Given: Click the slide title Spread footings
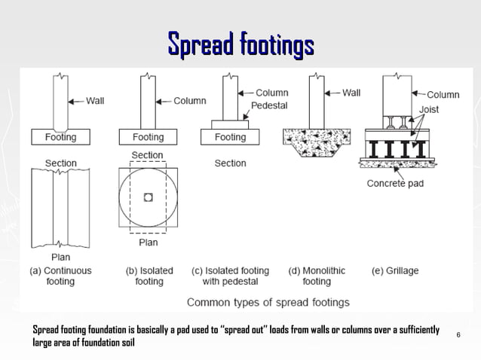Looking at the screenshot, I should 240,44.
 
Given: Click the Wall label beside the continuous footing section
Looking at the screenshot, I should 95,101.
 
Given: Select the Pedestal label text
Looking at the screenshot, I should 269,105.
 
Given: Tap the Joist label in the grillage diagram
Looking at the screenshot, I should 429,109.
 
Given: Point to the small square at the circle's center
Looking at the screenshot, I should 148,197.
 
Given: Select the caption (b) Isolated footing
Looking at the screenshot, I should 149,276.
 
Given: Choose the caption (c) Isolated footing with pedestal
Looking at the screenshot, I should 230,276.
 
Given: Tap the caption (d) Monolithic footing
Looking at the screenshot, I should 317,276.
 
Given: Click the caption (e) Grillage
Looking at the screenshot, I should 395,270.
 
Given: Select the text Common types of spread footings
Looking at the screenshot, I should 268,302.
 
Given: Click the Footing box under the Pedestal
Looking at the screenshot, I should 230,137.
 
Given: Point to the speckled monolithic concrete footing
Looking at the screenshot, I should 317,139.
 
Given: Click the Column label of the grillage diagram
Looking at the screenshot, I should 443,94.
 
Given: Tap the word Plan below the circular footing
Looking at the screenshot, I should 148,243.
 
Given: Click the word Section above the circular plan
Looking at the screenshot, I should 147,155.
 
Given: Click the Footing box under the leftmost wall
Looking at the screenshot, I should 60,137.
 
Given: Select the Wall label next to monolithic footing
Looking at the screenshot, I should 351,93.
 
